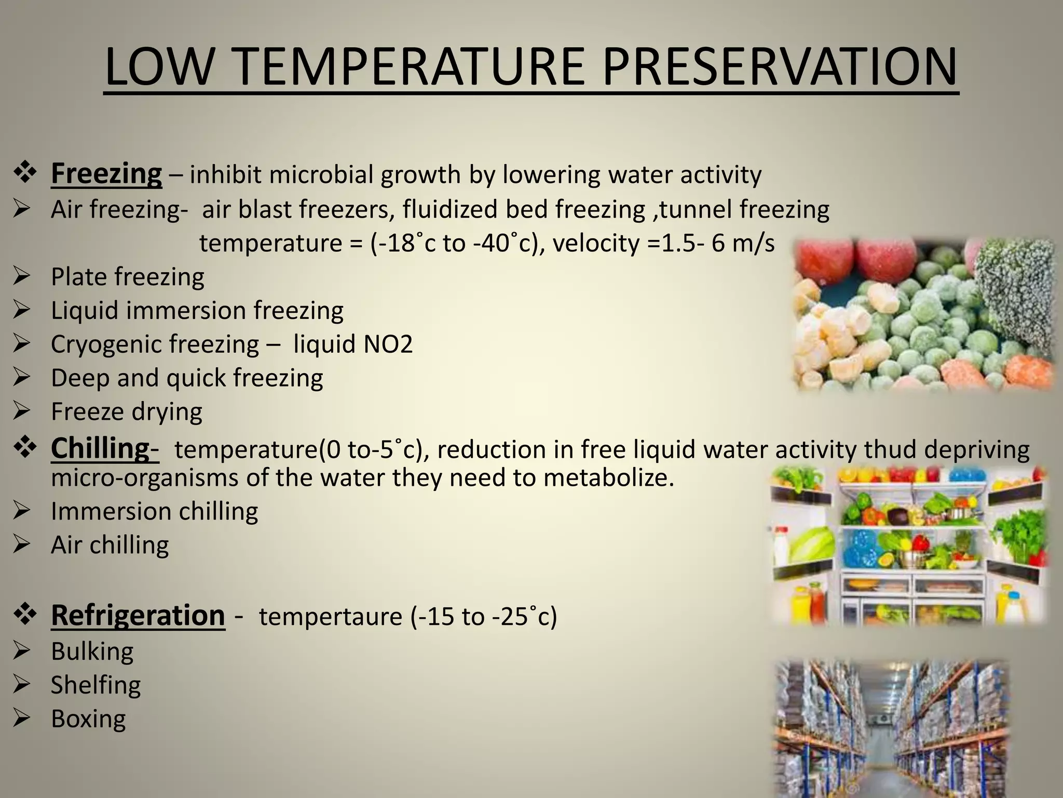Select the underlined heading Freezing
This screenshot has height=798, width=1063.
tap(106, 174)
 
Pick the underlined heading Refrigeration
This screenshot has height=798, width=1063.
tap(138, 616)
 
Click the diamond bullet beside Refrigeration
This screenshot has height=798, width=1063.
tap(25, 615)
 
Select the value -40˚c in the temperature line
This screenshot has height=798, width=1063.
tap(501, 243)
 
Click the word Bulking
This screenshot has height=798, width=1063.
tap(92, 651)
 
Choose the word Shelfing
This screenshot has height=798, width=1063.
tap(96, 685)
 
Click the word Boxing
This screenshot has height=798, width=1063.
tap(88, 719)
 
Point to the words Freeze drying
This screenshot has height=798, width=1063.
tap(126, 412)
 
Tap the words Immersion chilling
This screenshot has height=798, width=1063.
tap(154, 511)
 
